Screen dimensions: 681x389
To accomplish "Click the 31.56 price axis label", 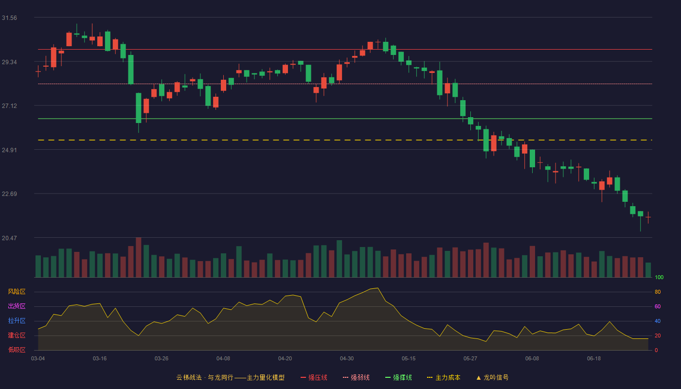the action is coord(9,18).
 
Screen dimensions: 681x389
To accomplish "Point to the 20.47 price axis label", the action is coord(9,238).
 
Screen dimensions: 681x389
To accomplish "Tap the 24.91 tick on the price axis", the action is coord(9,150).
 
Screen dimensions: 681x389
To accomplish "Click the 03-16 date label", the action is coord(100,359).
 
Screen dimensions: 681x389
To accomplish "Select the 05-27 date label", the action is coord(470,359).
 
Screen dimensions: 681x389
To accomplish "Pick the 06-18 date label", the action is coord(594,359).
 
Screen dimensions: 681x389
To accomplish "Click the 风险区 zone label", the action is coord(17,292).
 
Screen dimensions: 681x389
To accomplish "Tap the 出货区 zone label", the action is coord(17,306).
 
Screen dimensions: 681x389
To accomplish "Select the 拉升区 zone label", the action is coord(17,320).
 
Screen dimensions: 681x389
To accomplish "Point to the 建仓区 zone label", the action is coord(17,335).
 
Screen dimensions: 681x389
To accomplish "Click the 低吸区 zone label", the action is coord(17,350).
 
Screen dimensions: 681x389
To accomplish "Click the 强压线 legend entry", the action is coord(314,377).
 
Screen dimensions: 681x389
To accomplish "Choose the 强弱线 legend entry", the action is coord(356,377).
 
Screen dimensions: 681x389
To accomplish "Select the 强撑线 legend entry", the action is coord(398,377).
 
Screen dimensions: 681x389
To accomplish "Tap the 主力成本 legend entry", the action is coord(444,377).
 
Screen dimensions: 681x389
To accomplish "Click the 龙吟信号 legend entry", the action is coord(492,377).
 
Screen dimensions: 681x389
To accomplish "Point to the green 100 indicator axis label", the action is coord(659,277).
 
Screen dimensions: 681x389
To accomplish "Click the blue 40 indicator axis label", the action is coord(658,321).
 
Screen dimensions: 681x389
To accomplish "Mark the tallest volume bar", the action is coord(138,257).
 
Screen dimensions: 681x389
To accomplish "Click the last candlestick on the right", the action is coord(648,218).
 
